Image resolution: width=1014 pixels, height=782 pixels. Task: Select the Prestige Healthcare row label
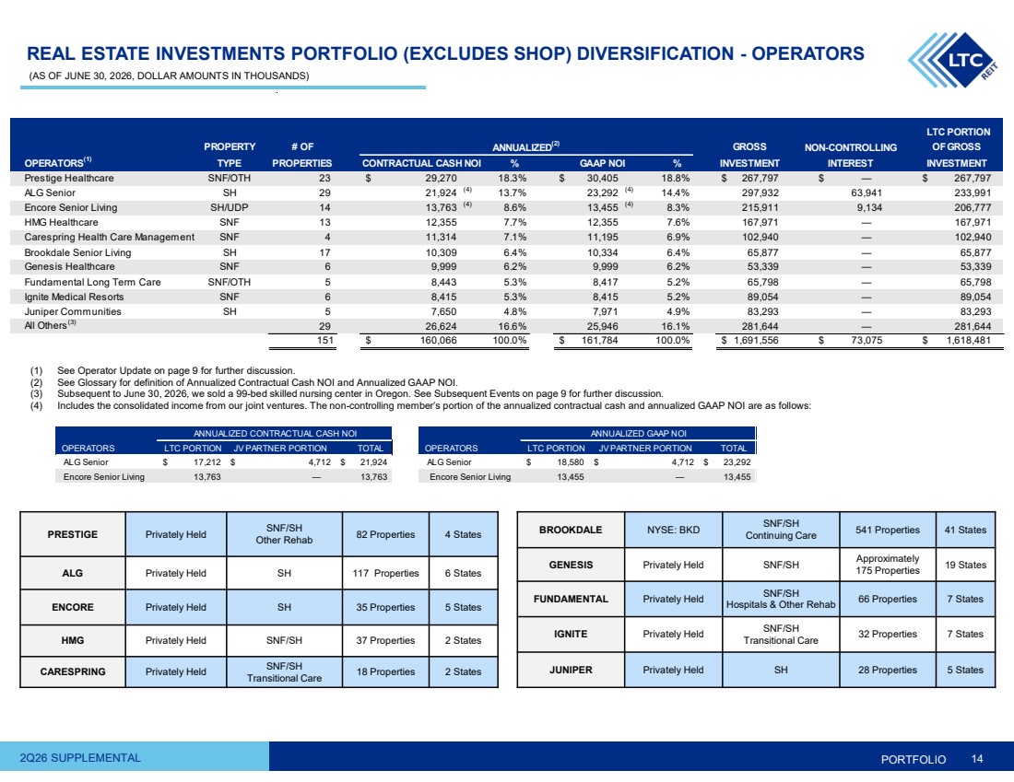click(x=69, y=178)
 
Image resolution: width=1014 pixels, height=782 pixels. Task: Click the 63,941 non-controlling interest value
click(x=867, y=193)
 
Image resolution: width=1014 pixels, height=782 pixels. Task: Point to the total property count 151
click(x=324, y=340)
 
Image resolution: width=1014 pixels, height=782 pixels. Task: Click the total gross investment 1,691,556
click(x=755, y=340)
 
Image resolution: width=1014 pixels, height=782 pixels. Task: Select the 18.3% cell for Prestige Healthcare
click(x=513, y=178)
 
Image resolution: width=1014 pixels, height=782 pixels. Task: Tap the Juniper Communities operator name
click(x=73, y=311)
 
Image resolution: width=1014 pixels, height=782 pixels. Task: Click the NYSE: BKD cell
click(x=673, y=530)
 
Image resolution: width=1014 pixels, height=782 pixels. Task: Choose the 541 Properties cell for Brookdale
click(x=887, y=530)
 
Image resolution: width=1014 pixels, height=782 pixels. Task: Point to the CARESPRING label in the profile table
click(x=73, y=671)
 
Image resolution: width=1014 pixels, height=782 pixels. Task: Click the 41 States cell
click(x=965, y=530)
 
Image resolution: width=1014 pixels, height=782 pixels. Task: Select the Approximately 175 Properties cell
click(x=887, y=565)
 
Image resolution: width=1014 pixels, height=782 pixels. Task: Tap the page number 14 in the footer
click(x=976, y=759)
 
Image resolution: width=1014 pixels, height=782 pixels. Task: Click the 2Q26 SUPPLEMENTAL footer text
click(x=80, y=757)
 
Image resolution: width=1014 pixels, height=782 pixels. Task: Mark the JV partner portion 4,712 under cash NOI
click(x=319, y=462)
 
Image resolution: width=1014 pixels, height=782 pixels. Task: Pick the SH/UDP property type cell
click(x=229, y=207)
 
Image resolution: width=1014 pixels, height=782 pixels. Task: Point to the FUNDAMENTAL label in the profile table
click(x=571, y=599)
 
